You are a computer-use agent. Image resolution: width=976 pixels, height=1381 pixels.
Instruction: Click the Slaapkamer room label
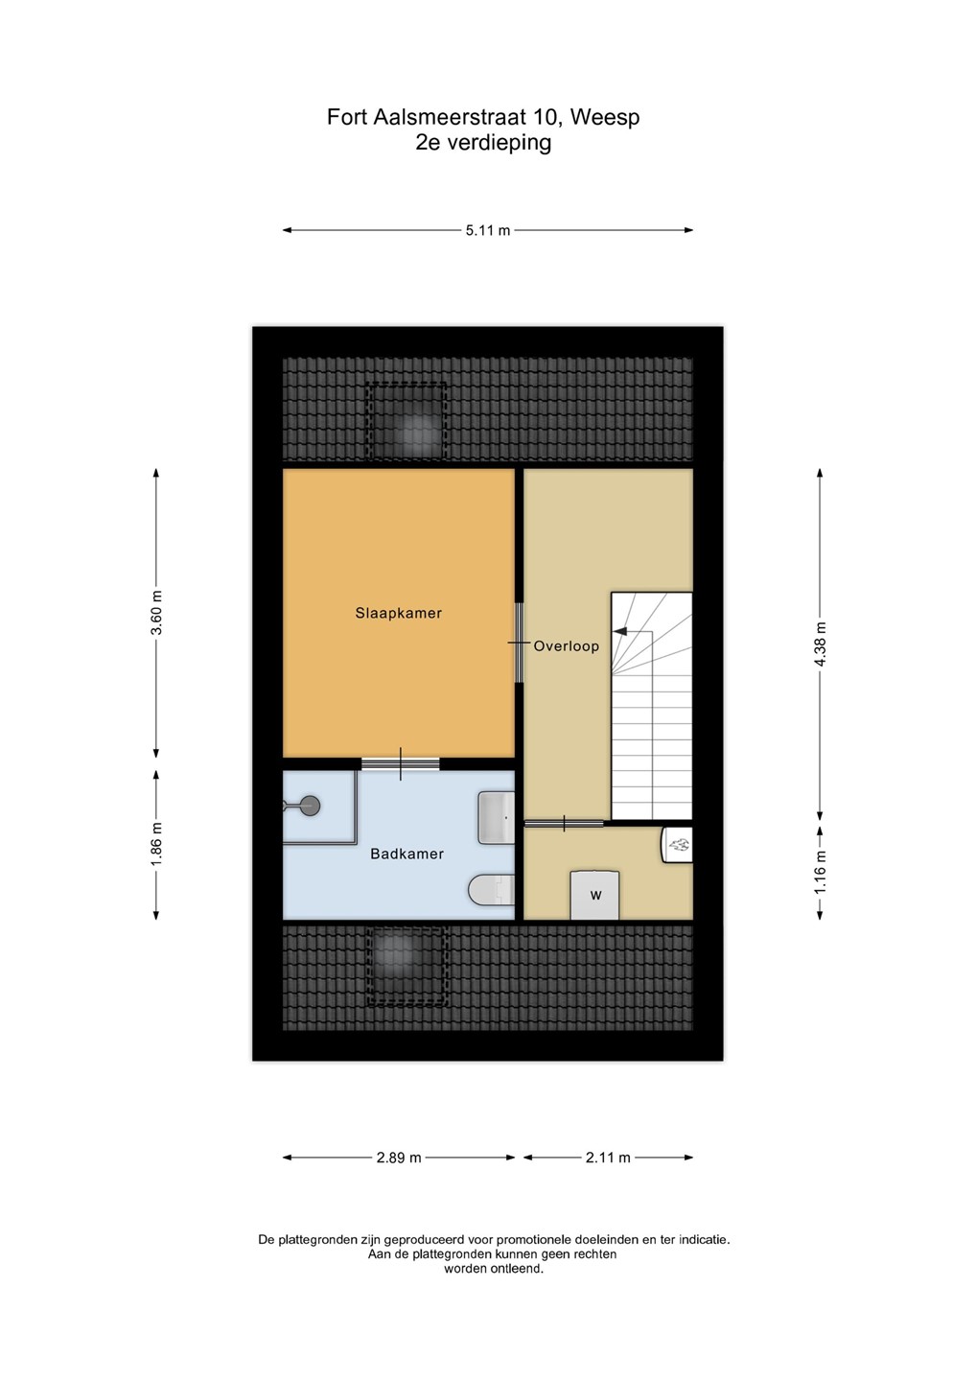[x=398, y=613]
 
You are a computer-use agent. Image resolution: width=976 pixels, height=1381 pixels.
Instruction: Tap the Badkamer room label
[x=407, y=854]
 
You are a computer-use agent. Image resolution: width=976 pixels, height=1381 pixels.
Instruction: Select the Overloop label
[x=567, y=646]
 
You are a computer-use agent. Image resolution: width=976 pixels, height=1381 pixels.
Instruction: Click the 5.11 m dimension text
[x=488, y=230]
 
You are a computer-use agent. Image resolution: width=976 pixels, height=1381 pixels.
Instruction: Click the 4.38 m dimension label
[x=820, y=644]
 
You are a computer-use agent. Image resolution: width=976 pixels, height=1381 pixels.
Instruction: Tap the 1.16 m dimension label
[x=820, y=872]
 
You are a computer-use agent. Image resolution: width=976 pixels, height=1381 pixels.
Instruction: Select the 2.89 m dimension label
[x=399, y=1158]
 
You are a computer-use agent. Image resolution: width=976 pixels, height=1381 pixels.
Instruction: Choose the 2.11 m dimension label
[x=608, y=1158]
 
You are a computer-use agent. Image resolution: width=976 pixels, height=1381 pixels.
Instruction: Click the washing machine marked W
[x=594, y=895]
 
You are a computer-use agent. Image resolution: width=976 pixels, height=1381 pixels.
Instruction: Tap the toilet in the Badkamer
[x=492, y=890]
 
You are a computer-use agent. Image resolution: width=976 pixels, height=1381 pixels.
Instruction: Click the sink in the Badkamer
[x=497, y=817]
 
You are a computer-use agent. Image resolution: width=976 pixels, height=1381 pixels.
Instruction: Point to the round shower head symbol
[x=311, y=805]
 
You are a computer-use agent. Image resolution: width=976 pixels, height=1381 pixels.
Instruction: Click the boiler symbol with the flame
[x=677, y=844]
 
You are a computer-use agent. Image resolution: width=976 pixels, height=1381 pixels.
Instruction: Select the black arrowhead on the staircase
[x=619, y=631]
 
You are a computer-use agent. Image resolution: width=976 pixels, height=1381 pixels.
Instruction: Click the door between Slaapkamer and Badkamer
[x=401, y=763]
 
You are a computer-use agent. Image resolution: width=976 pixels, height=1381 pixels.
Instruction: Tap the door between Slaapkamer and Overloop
[x=519, y=643]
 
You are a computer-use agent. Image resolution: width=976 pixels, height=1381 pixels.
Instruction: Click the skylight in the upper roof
[x=407, y=420]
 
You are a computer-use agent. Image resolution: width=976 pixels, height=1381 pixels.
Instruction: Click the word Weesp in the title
[x=605, y=117]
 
